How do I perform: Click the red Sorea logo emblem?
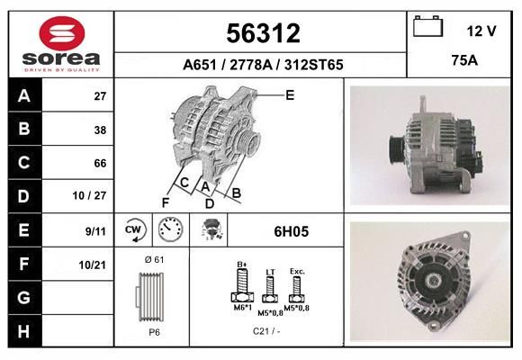coord(62,33)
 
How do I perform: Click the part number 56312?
coord(264,33)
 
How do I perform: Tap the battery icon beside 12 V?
coord(427,26)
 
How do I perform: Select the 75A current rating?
coord(464,60)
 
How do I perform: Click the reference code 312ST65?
coord(313,65)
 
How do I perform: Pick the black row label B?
coord(25,129)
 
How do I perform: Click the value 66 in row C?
coord(100,163)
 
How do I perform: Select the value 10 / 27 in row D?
coord(90,195)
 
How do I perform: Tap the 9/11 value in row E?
coord(95,231)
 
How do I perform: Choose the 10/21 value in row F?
coord(93,265)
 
